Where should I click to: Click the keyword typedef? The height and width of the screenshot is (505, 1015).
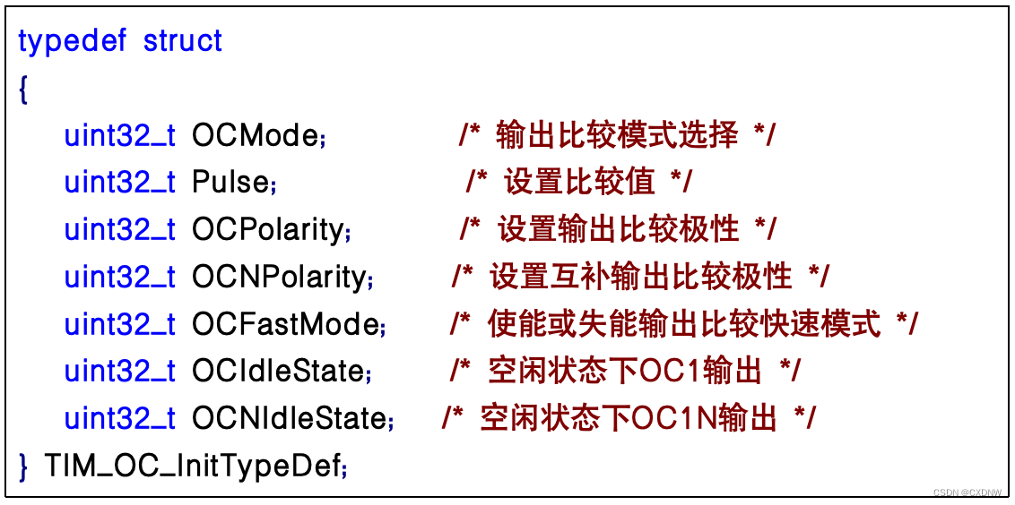click(72, 41)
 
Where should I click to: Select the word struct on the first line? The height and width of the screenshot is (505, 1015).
click(183, 41)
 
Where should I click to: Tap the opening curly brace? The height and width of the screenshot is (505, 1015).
click(23, 89)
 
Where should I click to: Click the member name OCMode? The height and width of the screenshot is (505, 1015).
click(256, 135)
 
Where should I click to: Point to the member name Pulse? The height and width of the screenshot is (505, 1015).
click(230, 183)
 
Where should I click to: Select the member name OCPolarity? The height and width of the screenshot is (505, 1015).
click(267, 229)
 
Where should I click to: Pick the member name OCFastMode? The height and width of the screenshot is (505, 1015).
click(284, 323)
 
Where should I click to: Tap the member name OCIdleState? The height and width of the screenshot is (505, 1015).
click(277, 371)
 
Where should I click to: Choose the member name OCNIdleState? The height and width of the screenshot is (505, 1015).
click(288, 417)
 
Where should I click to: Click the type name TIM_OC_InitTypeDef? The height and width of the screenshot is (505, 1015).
click(192, 466)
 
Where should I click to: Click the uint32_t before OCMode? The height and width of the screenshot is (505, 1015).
click(120, 135)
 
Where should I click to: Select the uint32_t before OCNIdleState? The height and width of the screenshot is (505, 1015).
click(120, 417)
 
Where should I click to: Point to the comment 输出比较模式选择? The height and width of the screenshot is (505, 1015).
click(617, 135)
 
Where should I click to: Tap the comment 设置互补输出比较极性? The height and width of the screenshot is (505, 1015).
click(640, 277)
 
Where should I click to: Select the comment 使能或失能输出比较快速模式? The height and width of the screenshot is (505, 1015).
click(684, 323)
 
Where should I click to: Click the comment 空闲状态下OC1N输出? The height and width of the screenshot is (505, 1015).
click(629, 417)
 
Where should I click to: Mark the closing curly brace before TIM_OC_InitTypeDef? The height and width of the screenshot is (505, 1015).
click(23, 466)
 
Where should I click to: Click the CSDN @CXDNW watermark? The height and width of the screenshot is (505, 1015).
click(967, 492)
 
